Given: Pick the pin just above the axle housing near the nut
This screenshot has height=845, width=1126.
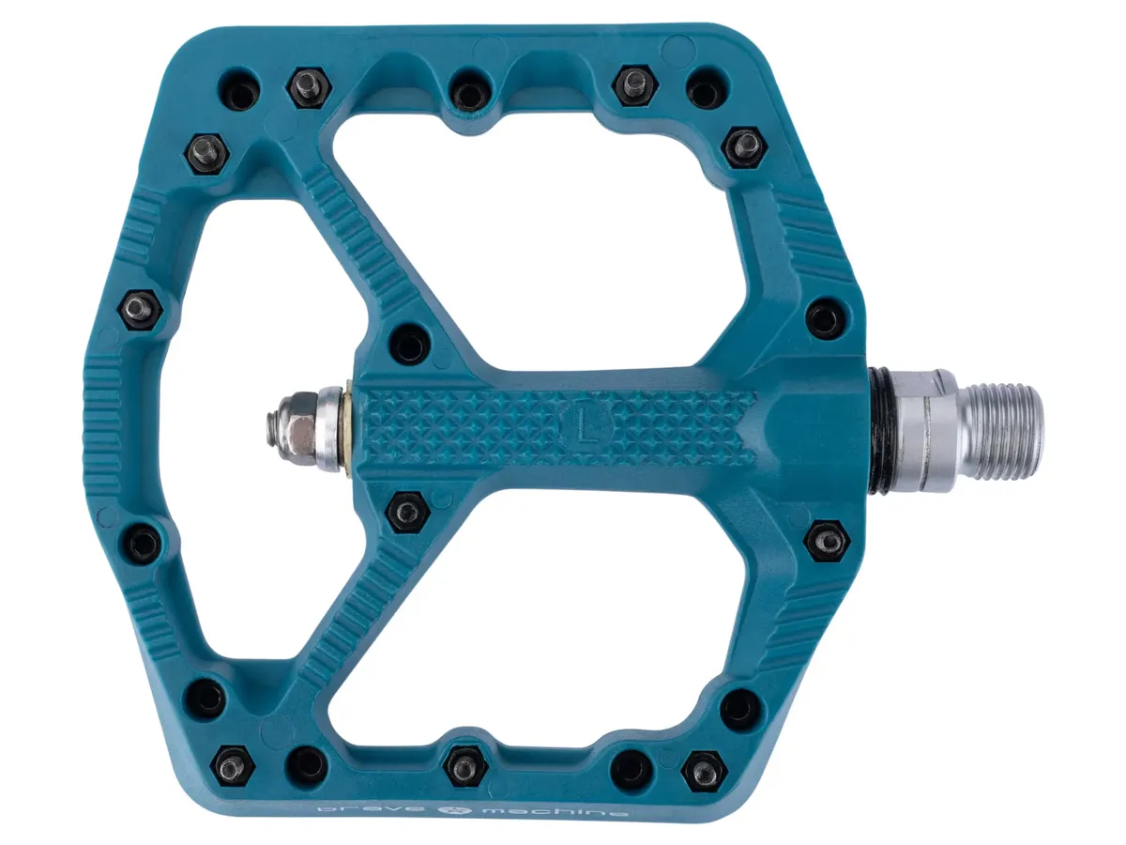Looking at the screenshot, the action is [x=409, y=344].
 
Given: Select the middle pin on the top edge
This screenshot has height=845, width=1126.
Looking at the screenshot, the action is [x=468, y=90].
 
